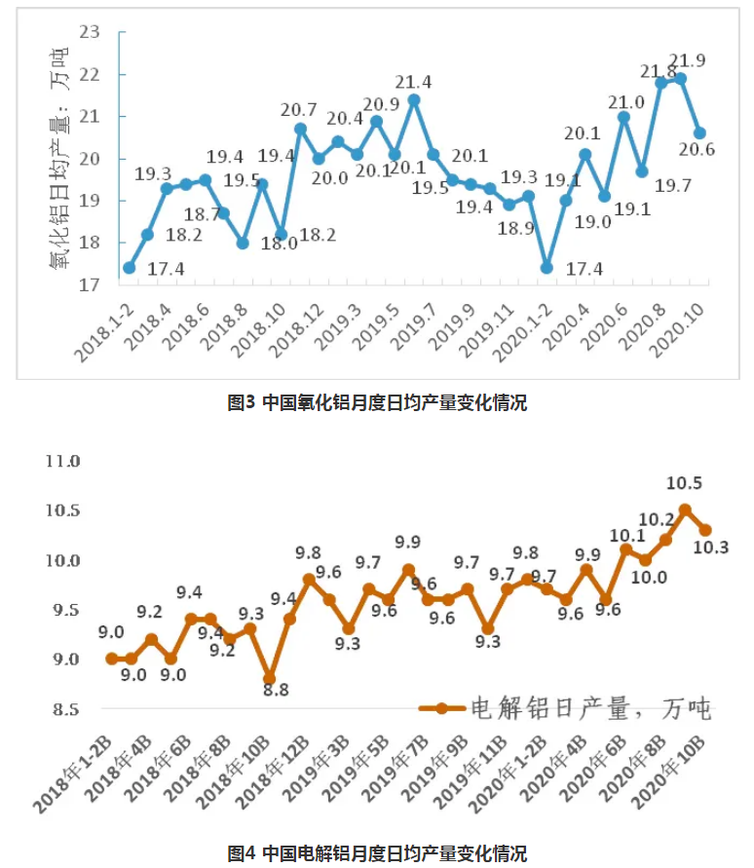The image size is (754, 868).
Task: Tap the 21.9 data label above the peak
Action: (687, 60)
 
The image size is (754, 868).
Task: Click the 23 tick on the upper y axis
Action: (90, 32)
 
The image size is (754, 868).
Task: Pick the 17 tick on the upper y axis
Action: (90, 285)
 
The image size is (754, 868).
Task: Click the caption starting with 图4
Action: (377, 853)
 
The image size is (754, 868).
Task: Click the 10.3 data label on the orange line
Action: (711, 547)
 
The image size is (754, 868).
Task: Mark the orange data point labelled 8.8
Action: (269, 678)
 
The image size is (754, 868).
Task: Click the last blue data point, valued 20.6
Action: (698, 133)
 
